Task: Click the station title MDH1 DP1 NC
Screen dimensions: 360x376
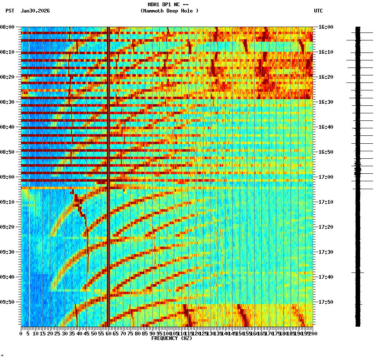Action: pos(168,5)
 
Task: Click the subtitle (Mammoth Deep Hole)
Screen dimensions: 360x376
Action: pos(169,11)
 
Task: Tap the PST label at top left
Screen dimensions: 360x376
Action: pos(10,11)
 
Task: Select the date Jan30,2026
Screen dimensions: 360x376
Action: pos(35,11)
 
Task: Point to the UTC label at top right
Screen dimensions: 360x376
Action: pos(318,11)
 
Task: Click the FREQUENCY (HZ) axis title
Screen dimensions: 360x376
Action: pos(171,338)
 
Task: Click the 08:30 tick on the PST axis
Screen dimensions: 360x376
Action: pos(8,102)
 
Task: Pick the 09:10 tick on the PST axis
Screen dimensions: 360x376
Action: pos(8,202)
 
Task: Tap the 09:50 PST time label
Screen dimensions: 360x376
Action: pos(8,302)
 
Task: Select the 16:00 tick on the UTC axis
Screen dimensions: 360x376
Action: pos(326,27)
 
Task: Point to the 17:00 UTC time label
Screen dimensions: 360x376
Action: pos(326,177)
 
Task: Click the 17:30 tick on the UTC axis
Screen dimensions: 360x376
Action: pos(326,252)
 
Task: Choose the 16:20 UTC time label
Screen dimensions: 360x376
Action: pos(326,77)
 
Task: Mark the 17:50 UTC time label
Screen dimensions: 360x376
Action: pos(326,302)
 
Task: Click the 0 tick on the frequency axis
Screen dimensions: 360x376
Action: pos(21,333)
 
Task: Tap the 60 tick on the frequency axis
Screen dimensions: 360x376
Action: pos(109,333)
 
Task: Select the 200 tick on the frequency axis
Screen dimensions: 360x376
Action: pos(313,333)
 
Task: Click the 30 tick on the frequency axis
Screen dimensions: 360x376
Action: pos(65,333)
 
